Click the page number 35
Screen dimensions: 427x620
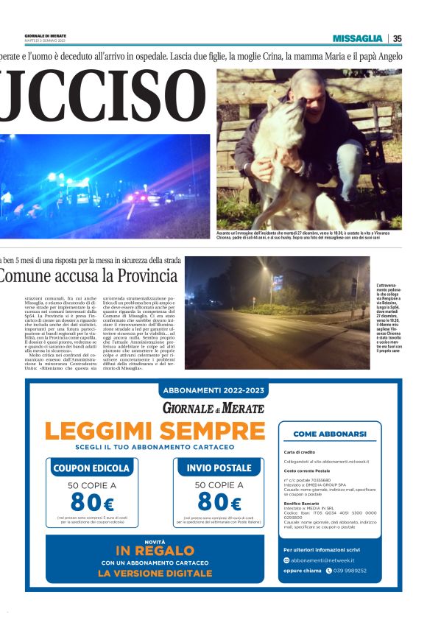click(x=397, y=38)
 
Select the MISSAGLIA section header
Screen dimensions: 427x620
click(x=357, y=38)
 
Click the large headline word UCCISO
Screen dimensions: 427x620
click(x=102, y=96)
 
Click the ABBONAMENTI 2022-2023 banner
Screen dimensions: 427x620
click(x=213, y=390)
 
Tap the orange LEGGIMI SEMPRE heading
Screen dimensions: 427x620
click(x=154, y=431)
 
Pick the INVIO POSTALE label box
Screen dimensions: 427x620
click(x=219, y=468)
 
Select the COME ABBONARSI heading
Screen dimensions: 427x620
click(x=329, y=434)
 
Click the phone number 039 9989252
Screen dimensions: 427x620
click(x=349, y=571)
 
